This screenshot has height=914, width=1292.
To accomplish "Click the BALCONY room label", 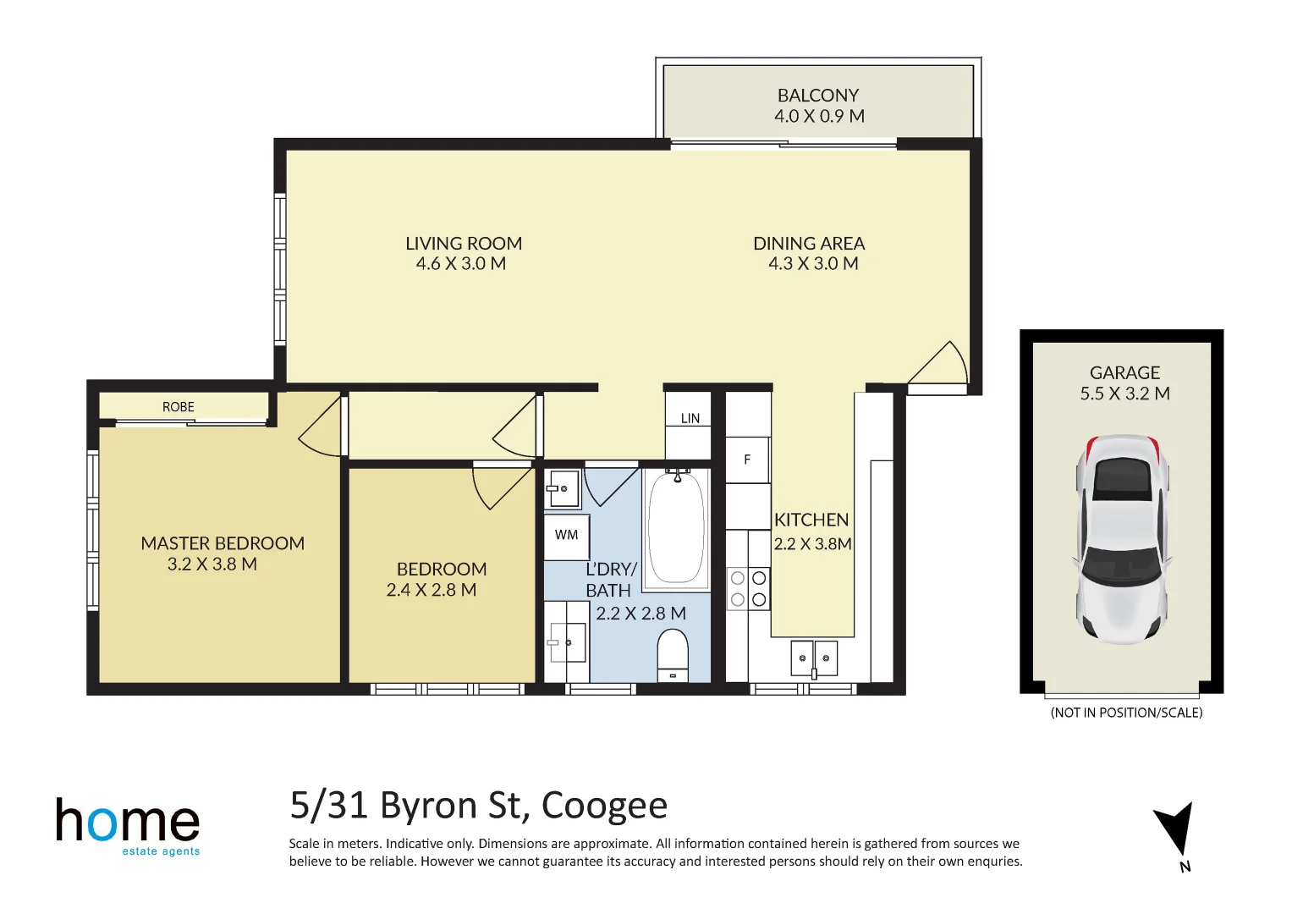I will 817,96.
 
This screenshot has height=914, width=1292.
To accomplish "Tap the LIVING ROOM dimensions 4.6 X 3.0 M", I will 460,264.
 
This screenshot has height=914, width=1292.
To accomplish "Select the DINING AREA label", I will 809,244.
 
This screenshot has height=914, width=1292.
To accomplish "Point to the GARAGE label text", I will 1124,373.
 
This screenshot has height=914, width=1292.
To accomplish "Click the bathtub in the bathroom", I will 676,529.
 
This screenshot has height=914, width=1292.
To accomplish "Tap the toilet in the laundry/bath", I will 673,655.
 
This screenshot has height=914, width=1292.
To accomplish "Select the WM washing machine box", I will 566,536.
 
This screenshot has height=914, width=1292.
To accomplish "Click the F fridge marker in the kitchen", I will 747,460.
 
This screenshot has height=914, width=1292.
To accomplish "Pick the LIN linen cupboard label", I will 690,419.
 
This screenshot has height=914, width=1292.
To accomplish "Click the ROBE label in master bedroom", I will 179,407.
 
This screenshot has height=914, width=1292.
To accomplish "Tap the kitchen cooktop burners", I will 749,589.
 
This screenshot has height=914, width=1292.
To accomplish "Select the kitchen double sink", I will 814,658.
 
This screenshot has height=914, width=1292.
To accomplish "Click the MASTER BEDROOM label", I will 223,543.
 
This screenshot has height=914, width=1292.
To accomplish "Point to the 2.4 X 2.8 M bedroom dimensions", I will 432,590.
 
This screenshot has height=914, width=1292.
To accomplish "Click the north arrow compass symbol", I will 1175,829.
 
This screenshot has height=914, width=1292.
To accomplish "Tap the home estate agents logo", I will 128,826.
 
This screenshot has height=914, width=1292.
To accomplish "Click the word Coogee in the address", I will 604,806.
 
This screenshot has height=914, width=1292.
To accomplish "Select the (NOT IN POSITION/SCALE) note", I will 1126,713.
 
